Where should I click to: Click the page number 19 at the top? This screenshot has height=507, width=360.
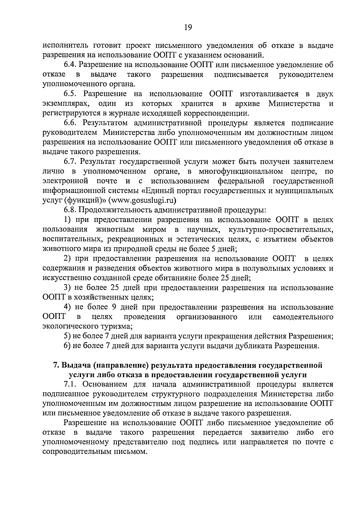[188, 28]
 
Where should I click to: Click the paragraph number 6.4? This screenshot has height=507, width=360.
[71, 65]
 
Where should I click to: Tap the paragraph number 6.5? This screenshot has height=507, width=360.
[71, 94]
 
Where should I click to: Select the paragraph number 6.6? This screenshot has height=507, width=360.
[71, 123]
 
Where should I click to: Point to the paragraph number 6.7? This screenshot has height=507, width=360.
[71, 162]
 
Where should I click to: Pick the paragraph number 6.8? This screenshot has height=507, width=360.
[71, 210]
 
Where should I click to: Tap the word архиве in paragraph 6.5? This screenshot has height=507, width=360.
[248, 104]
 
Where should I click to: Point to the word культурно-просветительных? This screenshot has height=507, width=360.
[281, 230]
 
